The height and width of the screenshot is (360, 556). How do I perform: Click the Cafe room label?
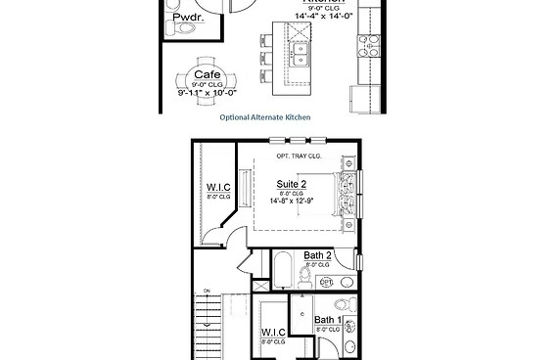pos(206,74)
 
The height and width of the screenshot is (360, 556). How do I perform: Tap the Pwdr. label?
pos(187,19)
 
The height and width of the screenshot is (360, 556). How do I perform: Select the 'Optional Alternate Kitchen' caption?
pos(264,116)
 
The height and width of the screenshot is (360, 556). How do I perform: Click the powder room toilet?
pos(173,32)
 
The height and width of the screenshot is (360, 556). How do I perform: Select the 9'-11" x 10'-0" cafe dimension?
pos(206,94)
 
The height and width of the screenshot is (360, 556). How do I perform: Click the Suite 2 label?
pos(292,183)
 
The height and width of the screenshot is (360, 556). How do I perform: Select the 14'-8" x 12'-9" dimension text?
pos(292,202)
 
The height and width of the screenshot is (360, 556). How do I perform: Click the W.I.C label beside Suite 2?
pos(217,188)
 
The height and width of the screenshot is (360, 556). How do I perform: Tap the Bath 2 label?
pos(318,255)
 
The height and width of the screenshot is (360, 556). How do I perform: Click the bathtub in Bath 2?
pos(281,269)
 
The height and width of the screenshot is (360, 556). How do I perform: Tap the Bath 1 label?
pos(328,320)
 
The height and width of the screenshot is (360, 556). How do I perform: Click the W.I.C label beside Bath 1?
pos(273,333)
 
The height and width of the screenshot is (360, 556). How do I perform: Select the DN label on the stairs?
pos(207,292)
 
